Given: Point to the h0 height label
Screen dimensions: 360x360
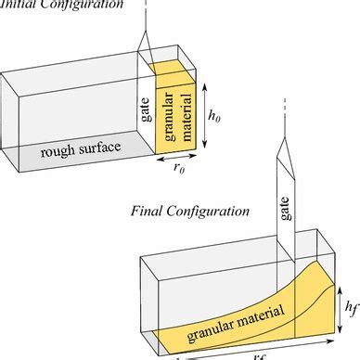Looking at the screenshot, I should click(x=214, y=117).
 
